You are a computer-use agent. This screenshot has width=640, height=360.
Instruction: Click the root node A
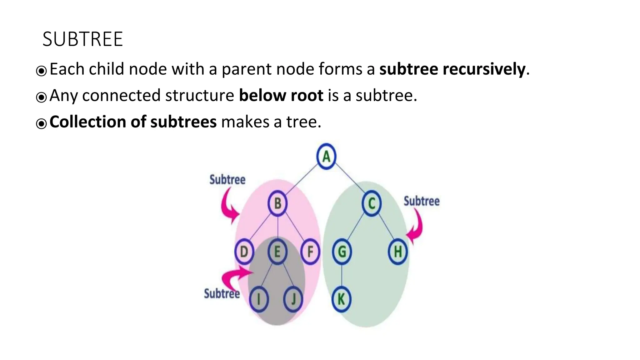326,156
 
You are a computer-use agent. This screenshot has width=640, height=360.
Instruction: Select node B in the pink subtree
277,203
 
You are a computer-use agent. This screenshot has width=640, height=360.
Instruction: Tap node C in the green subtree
372,203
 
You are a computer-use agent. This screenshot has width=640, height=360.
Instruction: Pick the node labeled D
244,252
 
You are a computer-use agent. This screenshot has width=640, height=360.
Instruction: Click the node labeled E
277,252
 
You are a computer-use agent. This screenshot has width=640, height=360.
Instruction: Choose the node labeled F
310,252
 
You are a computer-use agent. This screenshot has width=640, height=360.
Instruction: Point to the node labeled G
342,252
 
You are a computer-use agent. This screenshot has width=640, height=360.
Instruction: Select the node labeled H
397,252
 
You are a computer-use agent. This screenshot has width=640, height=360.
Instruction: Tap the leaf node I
259,299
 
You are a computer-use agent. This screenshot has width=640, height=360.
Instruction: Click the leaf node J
293,299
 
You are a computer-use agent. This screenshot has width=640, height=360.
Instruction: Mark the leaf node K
341,299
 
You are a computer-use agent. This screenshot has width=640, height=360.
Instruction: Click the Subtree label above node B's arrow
227,180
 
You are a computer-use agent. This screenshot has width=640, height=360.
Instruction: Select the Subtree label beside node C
421,201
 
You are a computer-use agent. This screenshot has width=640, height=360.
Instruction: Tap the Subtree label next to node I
222,293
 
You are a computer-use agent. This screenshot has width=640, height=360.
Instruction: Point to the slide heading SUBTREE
82,39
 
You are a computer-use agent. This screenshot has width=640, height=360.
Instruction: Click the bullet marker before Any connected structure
41,97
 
